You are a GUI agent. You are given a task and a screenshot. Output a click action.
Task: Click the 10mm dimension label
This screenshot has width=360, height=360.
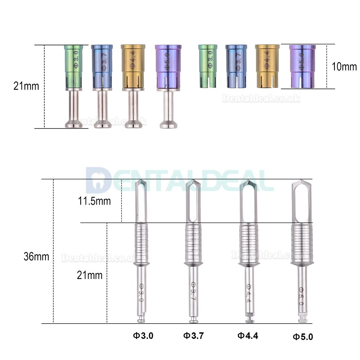click(x=345, y=67)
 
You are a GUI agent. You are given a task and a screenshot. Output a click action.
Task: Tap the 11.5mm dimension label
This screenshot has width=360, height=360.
click(x=95, y=201)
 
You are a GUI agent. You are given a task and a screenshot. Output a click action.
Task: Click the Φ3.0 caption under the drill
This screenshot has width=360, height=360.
click(x=143, y=336)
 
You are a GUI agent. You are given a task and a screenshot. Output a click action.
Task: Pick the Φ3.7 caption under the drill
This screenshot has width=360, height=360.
click(x=194, y=336)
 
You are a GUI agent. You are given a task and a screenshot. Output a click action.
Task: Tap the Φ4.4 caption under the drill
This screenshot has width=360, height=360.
click(x=248, y=336)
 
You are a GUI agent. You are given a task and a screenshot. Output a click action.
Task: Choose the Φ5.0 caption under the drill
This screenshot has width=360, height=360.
click(x=302, y=337)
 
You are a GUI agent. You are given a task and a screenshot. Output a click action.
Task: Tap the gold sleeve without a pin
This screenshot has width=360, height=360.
click(x=267, y=66)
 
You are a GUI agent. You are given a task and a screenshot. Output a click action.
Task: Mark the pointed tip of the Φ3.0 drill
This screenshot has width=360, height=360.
click(x=141, y=183)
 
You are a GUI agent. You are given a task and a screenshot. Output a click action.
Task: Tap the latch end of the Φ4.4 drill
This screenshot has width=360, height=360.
click(x=248, y=319)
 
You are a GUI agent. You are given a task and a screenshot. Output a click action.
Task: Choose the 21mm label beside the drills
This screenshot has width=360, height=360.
click(x=90, y=275)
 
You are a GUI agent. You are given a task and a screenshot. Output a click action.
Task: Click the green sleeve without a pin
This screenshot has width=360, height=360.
click(x=208, y=66)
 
